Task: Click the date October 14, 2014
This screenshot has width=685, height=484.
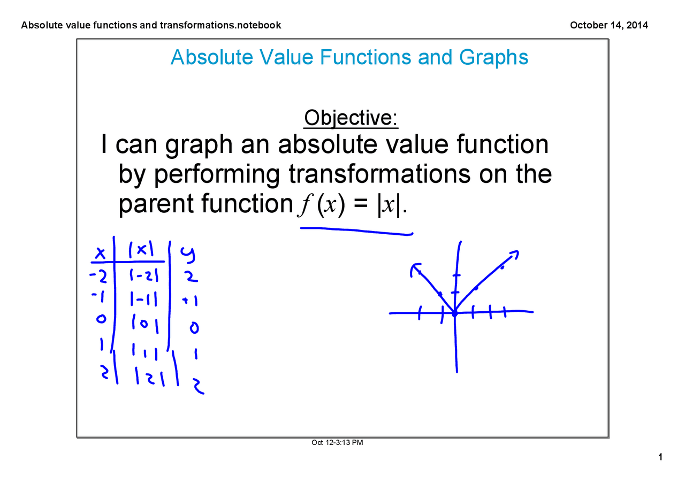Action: click(609, 25)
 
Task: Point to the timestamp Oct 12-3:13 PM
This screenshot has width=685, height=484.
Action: click(338, 442)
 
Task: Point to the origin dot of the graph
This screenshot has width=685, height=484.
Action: click(454, 314)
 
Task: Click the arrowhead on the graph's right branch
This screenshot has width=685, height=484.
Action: click(514, 253)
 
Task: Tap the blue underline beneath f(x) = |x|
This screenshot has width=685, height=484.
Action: click(356, 231)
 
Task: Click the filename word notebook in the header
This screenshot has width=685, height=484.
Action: click(261, 25)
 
